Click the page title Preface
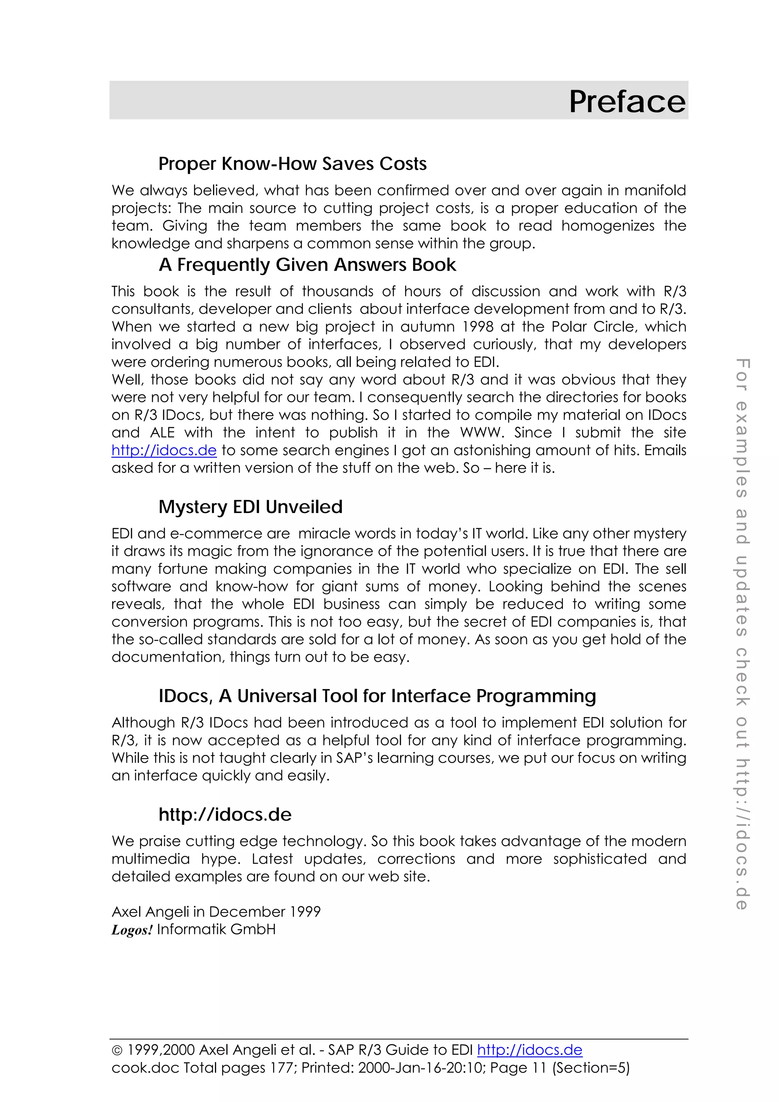click(627, 102)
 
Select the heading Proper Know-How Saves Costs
click(292, 164)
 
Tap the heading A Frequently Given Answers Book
click(307, 265)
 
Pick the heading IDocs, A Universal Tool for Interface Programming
click(377, 696)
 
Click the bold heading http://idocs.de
click(225, 815)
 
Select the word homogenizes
click(608, 226)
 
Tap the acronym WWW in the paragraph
click(482, 432)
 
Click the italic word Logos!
click(132, 930)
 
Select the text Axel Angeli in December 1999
click(216, 911)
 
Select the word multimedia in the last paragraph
click(151, 859)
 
